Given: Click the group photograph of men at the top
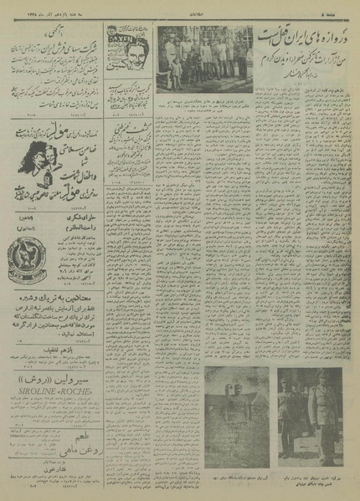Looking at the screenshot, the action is pos(204,59).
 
